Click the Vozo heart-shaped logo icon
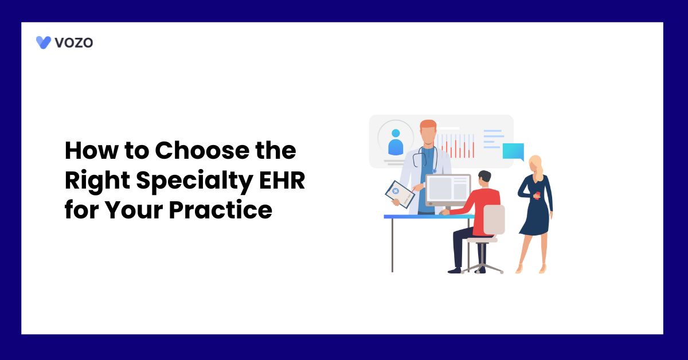click(x=44, y=42)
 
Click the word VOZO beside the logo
click(x=74, y=42)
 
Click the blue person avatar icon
click(x=396, y=142)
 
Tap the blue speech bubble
click(x=513, y=151)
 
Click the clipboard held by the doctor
click(x=400, y=194)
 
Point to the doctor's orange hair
click(x=428, y=125)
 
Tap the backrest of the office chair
click(x=494, y=220)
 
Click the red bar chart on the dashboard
click(x=456, y=146)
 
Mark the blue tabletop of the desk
click(x=427, y=217)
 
